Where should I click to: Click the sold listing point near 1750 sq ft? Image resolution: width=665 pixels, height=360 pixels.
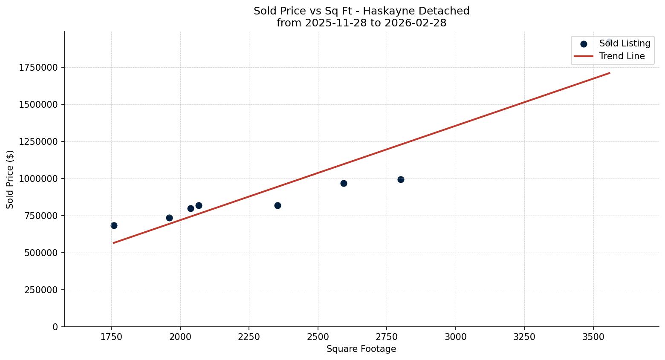[114, 225]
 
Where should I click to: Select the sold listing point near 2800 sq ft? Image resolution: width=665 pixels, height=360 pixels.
[401, 179]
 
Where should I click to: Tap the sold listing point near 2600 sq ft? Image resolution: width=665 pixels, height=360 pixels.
[344, 183]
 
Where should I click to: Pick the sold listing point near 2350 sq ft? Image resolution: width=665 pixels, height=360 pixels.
[278, 205]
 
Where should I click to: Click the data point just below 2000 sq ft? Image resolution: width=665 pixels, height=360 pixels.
[169, 218]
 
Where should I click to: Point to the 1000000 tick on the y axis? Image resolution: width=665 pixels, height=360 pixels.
[38, 179]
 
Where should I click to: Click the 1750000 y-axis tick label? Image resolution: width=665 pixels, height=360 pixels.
[38, 67]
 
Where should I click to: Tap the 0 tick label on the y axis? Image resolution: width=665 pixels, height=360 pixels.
[55, 327]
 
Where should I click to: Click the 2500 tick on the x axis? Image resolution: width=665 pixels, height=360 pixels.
[318, 337]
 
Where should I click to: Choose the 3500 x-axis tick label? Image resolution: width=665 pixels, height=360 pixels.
[593, 337]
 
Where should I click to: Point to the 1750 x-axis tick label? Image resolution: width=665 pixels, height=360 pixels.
[111, 337]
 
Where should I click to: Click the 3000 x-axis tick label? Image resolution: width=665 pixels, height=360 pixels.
[455, 337]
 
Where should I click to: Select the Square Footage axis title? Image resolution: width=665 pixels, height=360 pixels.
[361, 349]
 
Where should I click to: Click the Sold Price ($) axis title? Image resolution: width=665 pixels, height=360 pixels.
[10, 179]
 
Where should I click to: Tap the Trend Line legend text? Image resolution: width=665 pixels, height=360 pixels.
[622, 56]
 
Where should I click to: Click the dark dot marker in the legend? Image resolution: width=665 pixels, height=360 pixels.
[584, 44]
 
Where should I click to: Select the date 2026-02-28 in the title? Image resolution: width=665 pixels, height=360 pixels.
[415, 23]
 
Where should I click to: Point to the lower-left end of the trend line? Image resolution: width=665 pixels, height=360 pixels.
[113, 243]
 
